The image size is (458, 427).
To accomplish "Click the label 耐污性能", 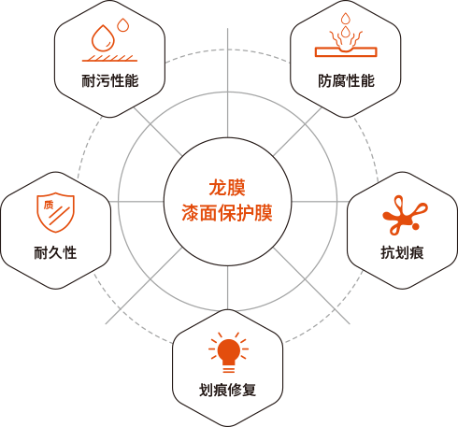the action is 110,81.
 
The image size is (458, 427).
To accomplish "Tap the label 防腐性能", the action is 346,81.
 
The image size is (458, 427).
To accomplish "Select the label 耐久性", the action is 55,252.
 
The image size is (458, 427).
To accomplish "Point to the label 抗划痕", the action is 402,252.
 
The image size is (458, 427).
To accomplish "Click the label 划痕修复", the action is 228,390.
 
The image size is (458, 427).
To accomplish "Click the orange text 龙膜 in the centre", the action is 227,188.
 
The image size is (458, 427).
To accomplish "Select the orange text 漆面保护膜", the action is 227,213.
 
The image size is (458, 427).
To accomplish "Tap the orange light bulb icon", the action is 229,352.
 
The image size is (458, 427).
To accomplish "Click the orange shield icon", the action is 56,212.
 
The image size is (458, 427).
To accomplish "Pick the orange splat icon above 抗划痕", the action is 405,215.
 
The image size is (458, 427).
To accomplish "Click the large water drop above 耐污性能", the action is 103,38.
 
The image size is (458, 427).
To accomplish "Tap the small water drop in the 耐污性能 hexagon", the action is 123,25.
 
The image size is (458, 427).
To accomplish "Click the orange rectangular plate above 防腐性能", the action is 346,52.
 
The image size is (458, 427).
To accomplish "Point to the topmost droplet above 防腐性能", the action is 345,19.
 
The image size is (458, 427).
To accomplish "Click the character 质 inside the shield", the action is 49,205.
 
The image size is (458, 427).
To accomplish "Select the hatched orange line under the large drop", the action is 109,58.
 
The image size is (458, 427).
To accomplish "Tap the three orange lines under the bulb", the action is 229,369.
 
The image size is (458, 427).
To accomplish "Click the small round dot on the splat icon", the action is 416,227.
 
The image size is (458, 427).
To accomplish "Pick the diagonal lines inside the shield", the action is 60,216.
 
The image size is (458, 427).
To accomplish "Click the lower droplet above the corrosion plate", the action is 345,32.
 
